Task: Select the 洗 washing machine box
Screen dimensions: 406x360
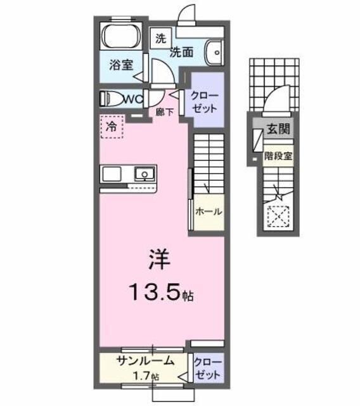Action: click(x=160, y=37)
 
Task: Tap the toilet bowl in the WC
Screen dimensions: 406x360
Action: click(x=112, y=98)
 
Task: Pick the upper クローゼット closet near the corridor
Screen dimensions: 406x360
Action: click(x=205, y=101)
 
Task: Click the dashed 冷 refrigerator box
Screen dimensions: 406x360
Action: click(x=112, y=127)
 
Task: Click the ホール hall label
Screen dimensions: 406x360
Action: click(x=209, y=212)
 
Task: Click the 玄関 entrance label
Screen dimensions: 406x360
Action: click(x=278, y=129)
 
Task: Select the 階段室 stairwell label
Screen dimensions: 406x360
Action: click(x=278, y=155)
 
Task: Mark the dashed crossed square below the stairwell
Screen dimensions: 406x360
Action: click(x=278, y=217)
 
